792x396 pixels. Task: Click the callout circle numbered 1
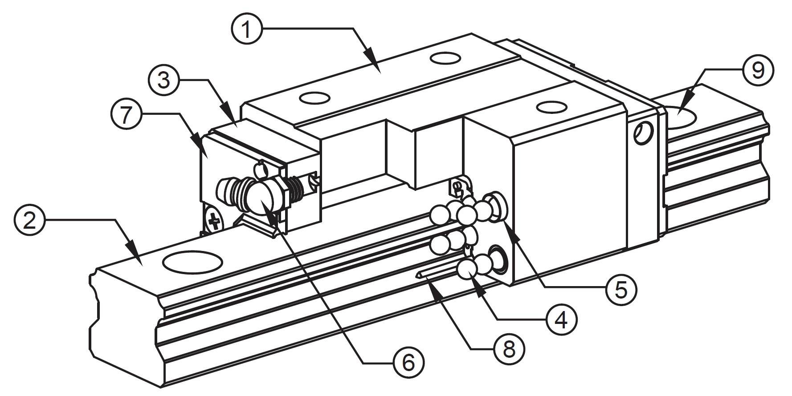246,28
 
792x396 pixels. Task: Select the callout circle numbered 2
30,220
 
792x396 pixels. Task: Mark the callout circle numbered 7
125,114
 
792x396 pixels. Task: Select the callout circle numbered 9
758,70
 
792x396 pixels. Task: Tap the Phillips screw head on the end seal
215,221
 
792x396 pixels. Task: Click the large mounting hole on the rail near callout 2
192,262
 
